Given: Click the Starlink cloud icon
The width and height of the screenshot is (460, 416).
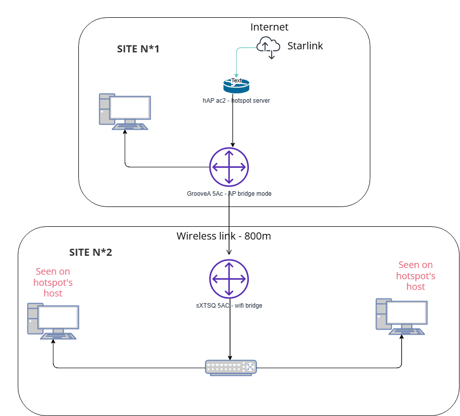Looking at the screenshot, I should click(268, 47).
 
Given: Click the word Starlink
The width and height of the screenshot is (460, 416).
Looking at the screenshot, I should click(305, 46).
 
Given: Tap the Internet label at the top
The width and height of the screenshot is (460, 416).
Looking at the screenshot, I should click(269, 27).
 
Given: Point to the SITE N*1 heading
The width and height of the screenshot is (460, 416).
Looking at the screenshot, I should click(138, 49).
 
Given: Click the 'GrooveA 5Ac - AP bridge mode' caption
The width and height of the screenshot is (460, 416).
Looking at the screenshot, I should click(229, 194).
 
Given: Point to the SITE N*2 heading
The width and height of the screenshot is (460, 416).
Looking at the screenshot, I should click(91, 253).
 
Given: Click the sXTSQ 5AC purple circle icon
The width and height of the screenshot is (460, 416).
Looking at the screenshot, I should click(229, 279).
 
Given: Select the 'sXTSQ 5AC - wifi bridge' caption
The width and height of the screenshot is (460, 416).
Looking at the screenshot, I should click(228, 305).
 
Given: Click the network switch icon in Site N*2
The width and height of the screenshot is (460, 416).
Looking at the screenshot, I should click(231, 367).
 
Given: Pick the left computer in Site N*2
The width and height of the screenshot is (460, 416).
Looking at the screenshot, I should click(53, 321).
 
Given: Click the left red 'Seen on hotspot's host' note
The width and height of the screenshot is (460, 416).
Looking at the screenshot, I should click(52, 282).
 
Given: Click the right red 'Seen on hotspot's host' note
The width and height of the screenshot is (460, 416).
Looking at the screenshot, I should click(416, 276).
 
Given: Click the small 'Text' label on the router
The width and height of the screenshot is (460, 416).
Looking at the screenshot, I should click(237, 80).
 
